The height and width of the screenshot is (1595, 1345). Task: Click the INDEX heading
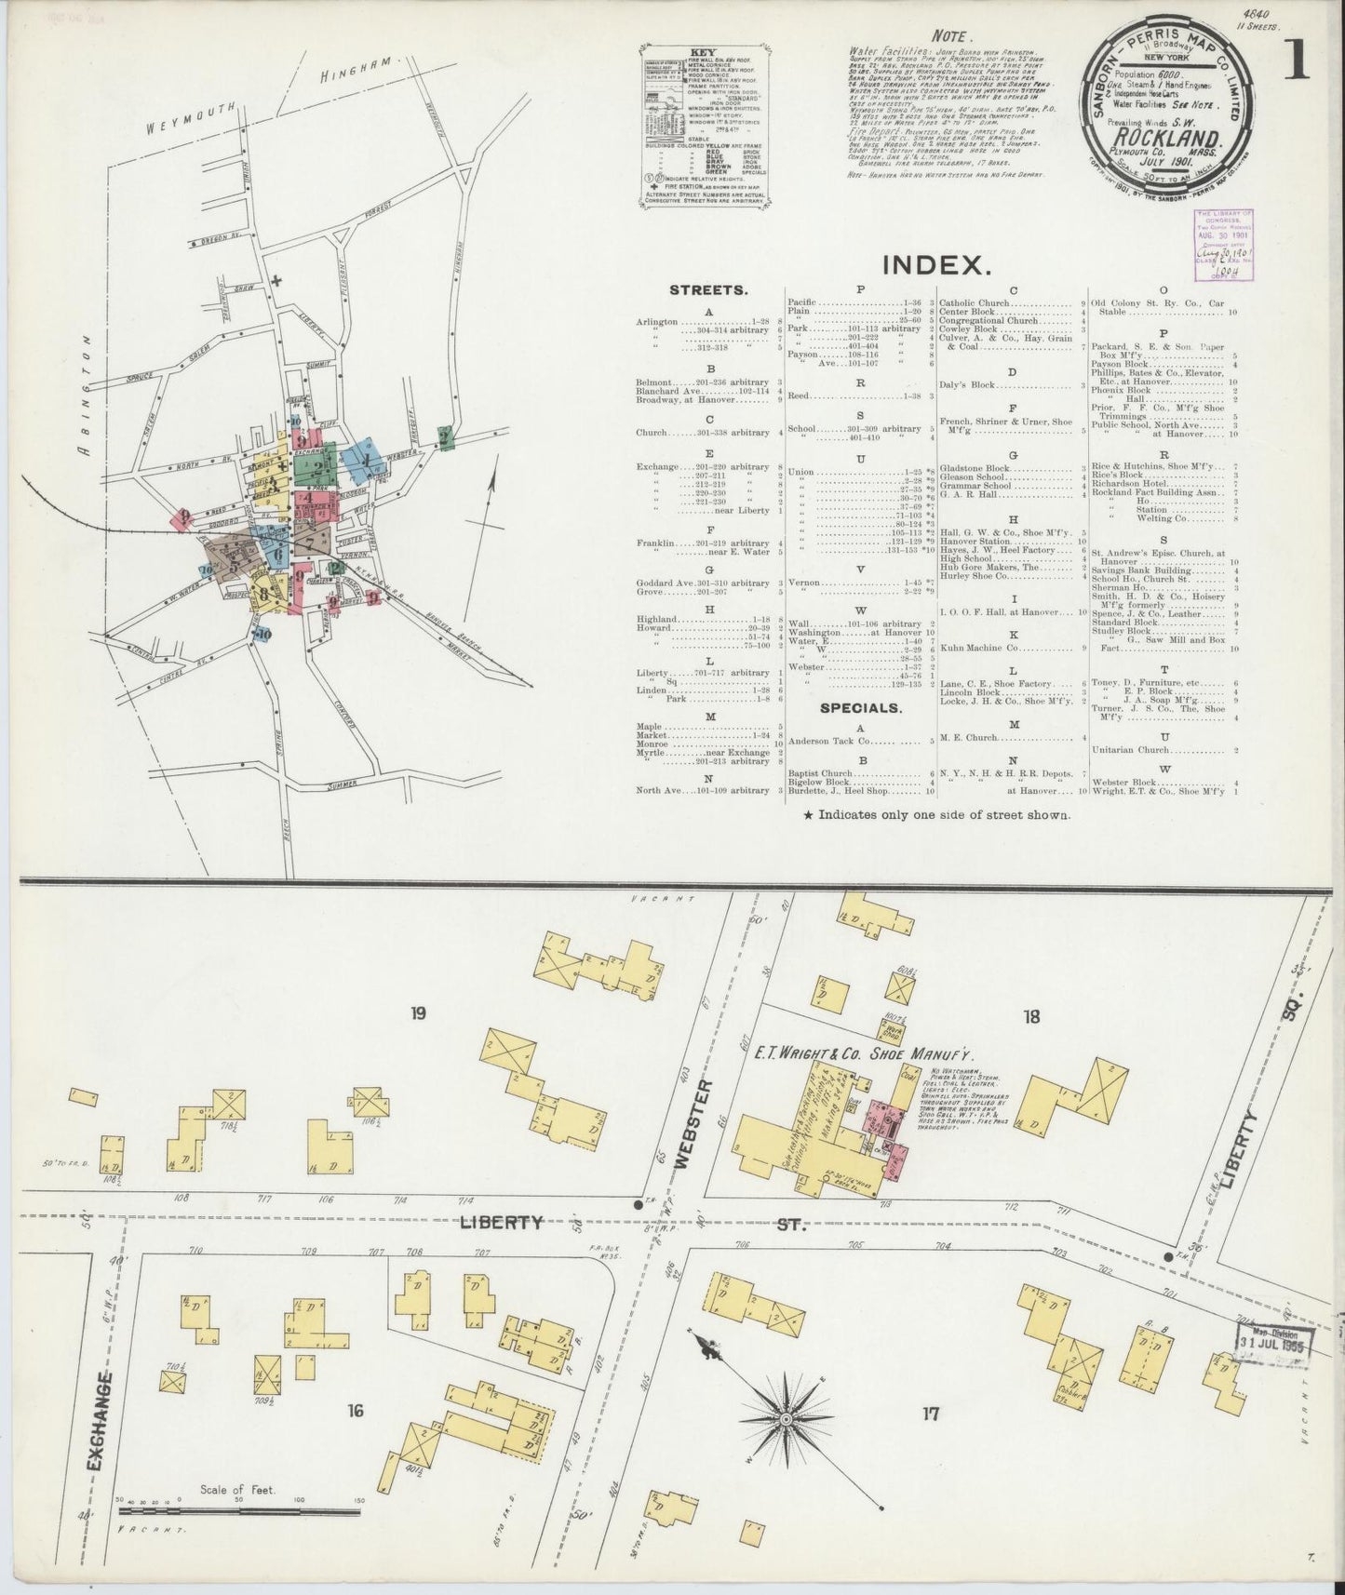coord(935,263)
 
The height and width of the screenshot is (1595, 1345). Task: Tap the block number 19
coord(418,1013)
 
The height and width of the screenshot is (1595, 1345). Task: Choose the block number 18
coord(1030,1016)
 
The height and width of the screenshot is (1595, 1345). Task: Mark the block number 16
coord(355,1412)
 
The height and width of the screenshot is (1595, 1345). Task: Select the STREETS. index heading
coord(708,289)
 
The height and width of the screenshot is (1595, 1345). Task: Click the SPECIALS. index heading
coord(861,707)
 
